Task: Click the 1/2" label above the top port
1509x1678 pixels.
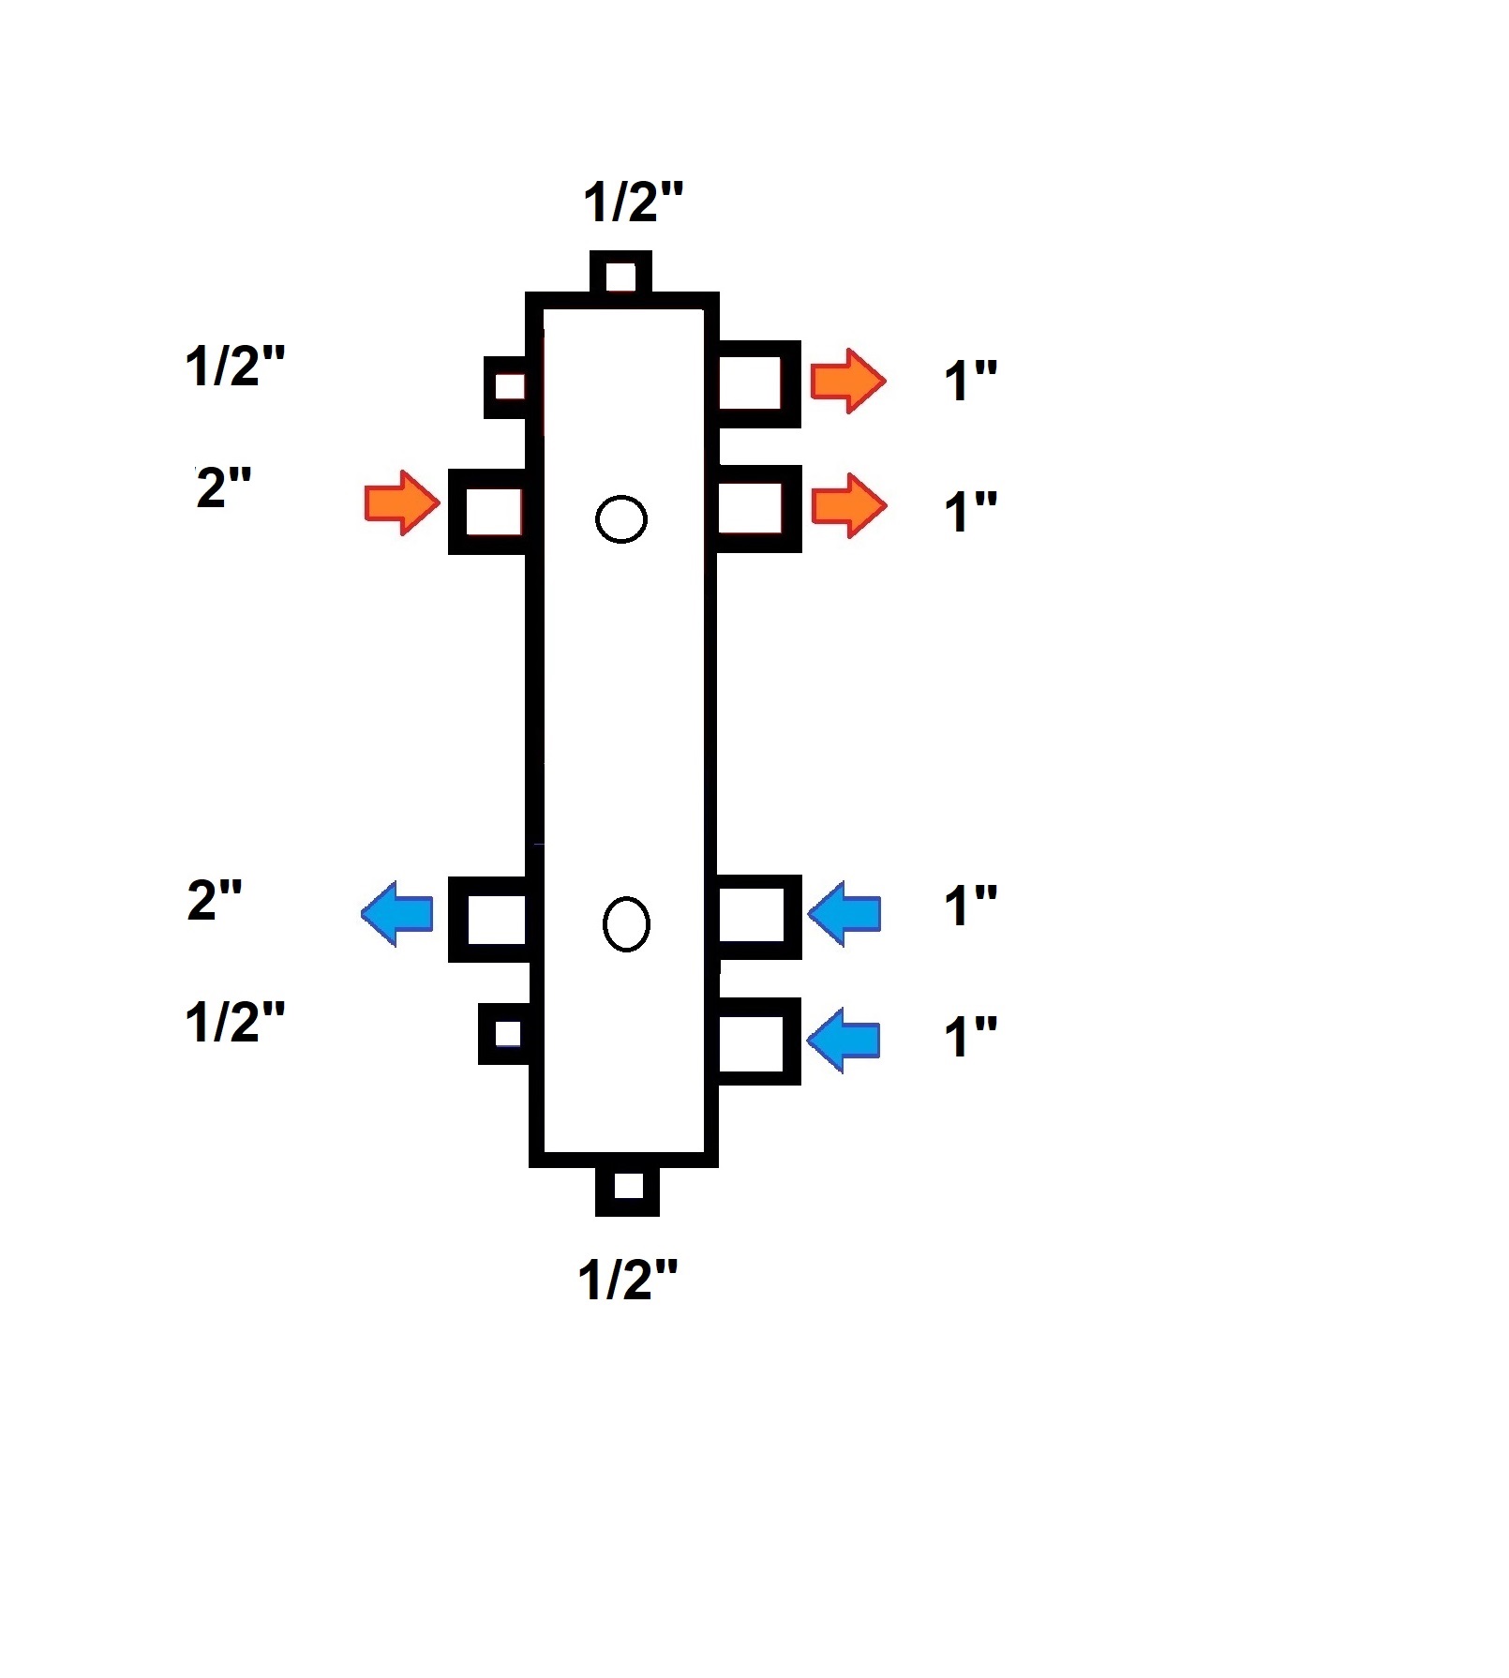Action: tap(633, 202)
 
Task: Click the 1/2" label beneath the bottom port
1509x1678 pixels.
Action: tap(627, 1280)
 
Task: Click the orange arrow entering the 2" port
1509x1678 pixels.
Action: tap(401, 503)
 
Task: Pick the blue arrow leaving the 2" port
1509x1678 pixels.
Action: tap(397, 913)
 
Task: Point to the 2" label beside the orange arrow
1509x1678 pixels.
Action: tap(223, 488)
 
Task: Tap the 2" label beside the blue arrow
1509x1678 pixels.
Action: tap(215, 900)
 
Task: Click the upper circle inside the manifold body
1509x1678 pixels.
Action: tap(621, 518)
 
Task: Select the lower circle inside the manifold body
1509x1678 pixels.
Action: tap(626, 924)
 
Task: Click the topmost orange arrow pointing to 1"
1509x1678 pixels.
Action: tap(847, 381)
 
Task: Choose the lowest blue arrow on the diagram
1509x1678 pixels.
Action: tap(844, 1040)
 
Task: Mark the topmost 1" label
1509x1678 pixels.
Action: tap(969, 381)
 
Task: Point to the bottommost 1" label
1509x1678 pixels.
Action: tap(969, 1038)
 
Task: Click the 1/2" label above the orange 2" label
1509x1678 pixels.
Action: tap(234, 366)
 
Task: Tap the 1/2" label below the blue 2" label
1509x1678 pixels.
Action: tap(234, 1022)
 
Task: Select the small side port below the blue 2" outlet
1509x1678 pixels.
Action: tap(506, 1033)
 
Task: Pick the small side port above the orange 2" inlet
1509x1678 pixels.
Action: tap(509, 386)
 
